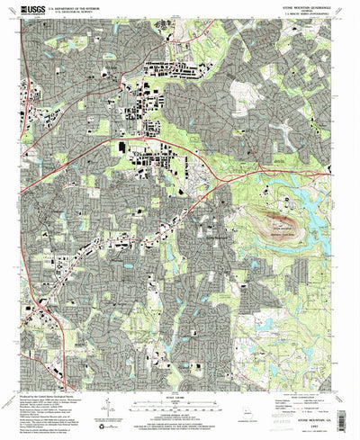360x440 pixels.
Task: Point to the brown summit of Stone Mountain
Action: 281,217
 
